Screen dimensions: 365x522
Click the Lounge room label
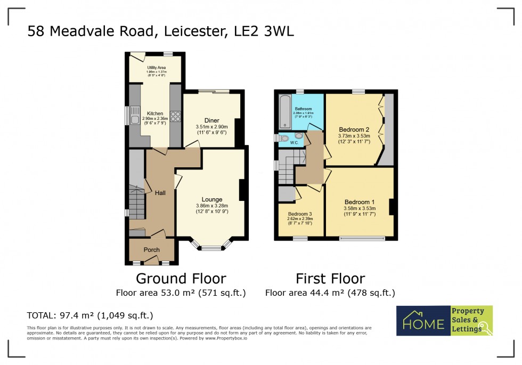tap(211, 200)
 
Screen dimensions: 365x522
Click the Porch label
tap(152, 250)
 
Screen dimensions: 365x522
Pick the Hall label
tap(160, 193)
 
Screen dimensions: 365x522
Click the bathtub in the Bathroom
tap(284, 112)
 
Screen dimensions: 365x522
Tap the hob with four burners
tap(175, 115)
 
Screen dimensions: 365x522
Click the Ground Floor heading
tap(181, 279)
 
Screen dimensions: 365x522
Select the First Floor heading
tap(330, 279)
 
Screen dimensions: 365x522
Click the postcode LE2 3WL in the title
tap(264, 32)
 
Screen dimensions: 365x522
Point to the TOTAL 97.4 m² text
tap(90, 315)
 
